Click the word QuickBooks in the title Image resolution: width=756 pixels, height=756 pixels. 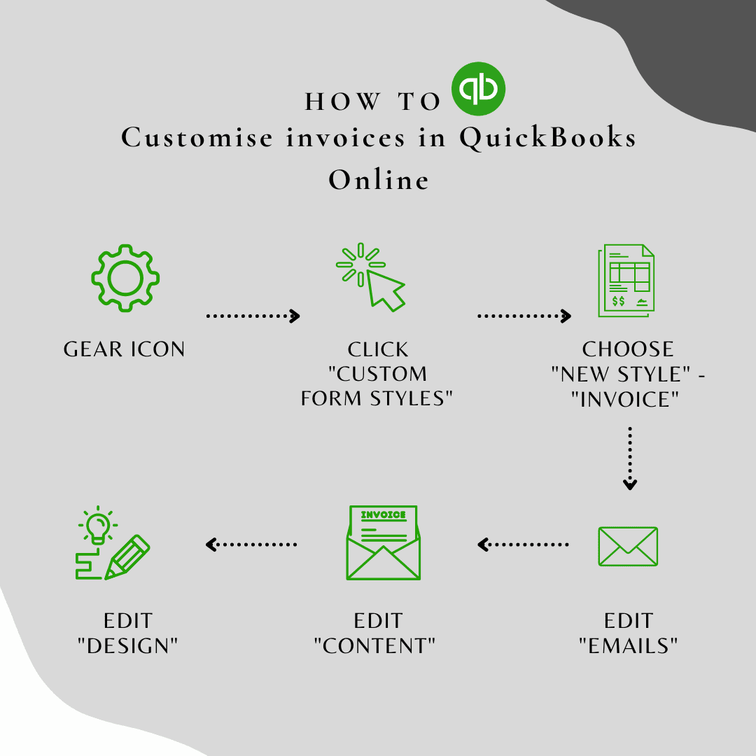(x=547, y=137)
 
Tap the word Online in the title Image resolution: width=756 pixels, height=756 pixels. (x=379, y=180)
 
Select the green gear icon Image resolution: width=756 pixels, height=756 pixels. (x=125, y=278)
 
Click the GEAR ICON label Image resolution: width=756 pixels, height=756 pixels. (x=125, y=349)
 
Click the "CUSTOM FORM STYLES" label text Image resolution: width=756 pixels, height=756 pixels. (x=378, y=386)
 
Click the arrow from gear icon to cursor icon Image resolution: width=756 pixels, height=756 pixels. (x=253, y=316)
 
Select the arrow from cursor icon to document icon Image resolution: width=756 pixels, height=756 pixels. (x=524, y=316)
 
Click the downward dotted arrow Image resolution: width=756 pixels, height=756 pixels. (x=630, y=458)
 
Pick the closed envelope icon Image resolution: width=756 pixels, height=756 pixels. (x=628, y=546)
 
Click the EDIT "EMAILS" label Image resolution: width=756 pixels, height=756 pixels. (x=629, y=633)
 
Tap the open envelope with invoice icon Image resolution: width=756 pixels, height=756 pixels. (x=384, y=543)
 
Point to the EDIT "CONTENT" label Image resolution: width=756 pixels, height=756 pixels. (x=378, y=633)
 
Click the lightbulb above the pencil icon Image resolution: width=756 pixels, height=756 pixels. (x=97, y=523)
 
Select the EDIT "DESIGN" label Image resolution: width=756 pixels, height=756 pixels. (x=127, y=633)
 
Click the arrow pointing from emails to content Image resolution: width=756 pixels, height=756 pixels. (x=523, y=544)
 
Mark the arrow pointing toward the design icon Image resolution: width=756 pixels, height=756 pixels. (x=251, y=544)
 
